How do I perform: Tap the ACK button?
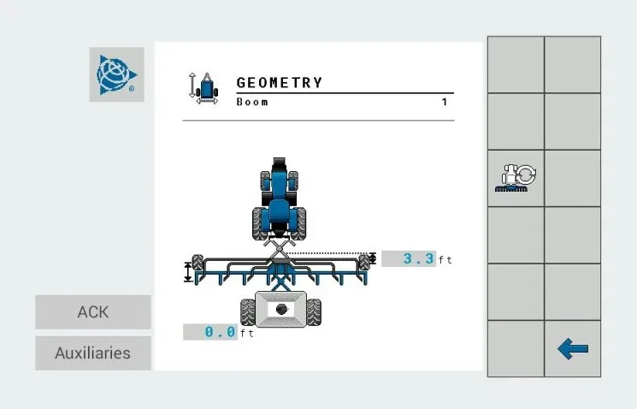coord(93,312)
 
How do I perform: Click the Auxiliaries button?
coord(93,353)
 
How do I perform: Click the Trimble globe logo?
coord(116,74)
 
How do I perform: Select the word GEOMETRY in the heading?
coord(280,83)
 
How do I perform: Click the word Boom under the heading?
coord(252,102)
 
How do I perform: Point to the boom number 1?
coord(445,102)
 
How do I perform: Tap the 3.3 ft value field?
coord(409,258)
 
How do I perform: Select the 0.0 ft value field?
coord(210,332)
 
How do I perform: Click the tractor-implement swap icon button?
coord(516,178)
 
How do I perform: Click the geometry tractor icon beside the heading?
coord(204,88)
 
